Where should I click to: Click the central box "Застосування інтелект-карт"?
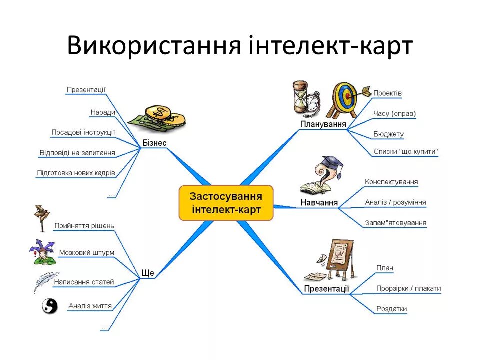226,202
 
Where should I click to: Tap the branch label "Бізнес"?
154,143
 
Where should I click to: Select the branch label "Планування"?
323,124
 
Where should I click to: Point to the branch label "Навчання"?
319,203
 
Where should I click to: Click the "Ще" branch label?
148,273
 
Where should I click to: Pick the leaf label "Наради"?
103,112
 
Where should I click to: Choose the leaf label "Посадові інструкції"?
83,132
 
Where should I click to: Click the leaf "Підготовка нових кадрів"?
76,173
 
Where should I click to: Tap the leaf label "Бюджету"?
388,134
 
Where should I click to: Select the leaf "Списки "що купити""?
405,151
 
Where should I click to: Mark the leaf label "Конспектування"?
391,182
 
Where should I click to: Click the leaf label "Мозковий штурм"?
86,252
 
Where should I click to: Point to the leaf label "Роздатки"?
391,309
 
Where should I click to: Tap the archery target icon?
344,97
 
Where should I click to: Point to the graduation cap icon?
331,163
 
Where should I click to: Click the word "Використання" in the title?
154,46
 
